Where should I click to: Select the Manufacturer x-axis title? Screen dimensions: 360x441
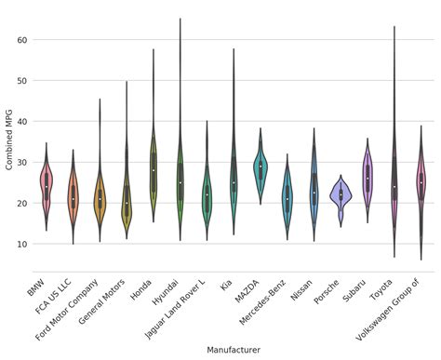point(234,350)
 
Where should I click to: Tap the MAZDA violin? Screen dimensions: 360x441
point(261,167)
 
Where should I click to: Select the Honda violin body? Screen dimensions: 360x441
point(154,167)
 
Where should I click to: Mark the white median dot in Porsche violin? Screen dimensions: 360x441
point(341,194)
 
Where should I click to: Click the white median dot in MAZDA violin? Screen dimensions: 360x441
point(261,167)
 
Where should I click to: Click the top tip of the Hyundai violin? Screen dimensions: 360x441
point(180,19)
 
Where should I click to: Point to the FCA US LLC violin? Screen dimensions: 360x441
point(73,195)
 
